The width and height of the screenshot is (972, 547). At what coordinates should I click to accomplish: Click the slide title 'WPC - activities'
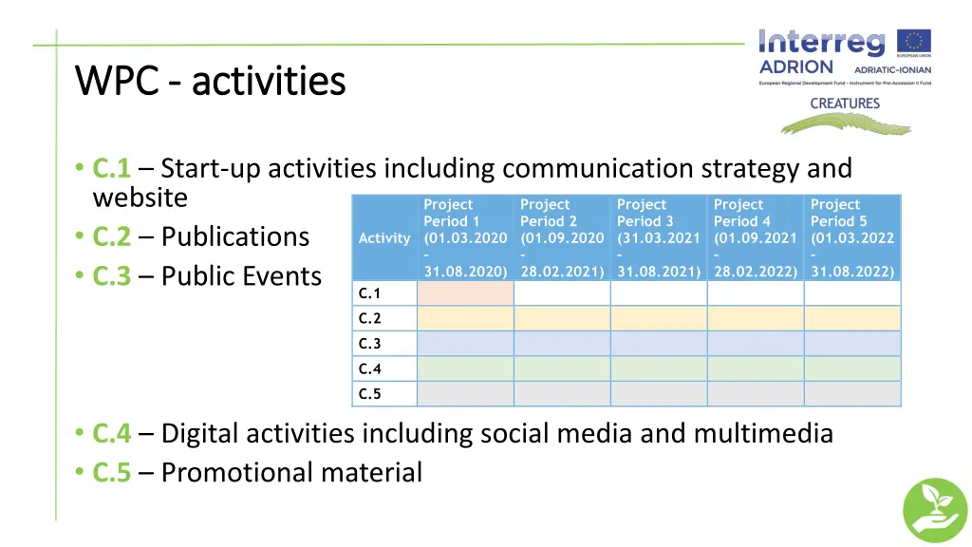tap(210, 81)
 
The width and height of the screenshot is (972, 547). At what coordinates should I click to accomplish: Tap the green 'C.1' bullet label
tap(111, 169)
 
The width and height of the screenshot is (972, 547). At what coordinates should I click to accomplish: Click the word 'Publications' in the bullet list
tap(235, 236)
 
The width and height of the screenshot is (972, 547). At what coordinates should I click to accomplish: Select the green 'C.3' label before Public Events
tap(111, 276)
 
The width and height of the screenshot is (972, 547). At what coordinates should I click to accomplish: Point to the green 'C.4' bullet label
tap(111, 434)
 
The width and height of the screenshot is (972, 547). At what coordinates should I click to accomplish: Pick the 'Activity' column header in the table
tap(384, 238)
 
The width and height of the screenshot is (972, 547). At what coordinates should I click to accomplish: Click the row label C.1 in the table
tap(370, 293)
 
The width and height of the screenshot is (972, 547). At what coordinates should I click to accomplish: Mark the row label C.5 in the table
tap(370, 394)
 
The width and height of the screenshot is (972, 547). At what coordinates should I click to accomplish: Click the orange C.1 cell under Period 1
tap(465, 293)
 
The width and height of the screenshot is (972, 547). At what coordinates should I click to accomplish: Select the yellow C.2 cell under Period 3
tap(659, 318)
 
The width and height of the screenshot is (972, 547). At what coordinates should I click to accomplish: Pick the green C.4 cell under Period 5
tap(852, 368)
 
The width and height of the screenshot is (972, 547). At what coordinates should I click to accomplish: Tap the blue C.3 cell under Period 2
tap(562, 344)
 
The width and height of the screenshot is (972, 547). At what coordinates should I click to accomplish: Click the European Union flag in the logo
tap(915, 42)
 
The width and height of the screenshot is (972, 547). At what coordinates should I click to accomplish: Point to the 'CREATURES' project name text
tap(845, 104)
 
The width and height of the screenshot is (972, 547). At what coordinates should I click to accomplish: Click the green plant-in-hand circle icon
tap(934, 509)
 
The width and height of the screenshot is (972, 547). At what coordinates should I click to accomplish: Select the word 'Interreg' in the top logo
tap(822, 43)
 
